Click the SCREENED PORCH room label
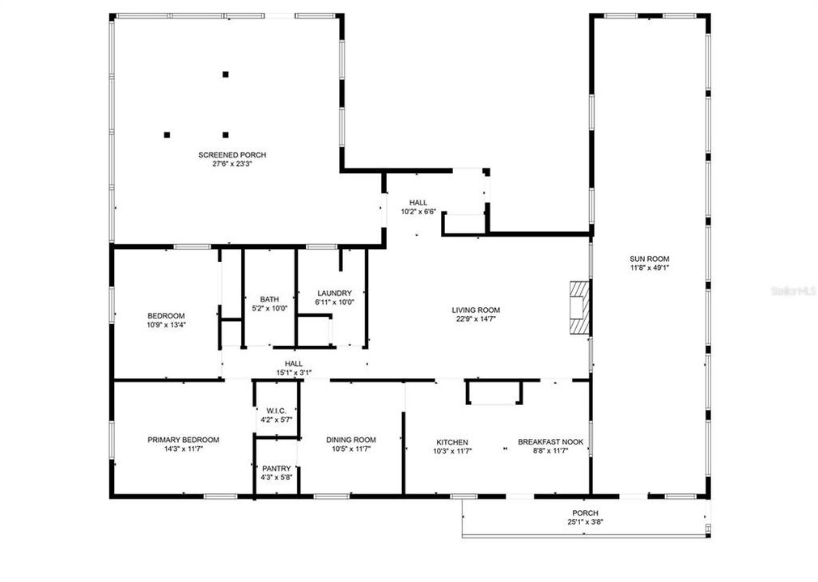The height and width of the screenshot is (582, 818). pos(232,154)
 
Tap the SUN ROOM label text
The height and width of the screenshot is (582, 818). pos(649,259)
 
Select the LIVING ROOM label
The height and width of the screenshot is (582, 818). pos(476,310)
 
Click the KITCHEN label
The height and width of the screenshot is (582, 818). pos(452,442)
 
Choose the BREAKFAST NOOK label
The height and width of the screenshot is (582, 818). pos(550,442)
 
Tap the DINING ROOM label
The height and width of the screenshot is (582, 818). pos(351,440)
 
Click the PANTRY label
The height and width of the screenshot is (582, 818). pos(276,469)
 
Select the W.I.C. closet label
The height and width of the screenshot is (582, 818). pos(276,411)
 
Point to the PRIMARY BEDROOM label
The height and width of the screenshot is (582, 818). pos(183,440)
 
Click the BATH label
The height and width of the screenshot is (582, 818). pos(269,299)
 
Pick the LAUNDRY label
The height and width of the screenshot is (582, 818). pos(334,293)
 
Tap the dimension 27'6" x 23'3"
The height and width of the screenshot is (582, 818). pos(232,164)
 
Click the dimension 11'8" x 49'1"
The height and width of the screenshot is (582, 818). pos(649,268)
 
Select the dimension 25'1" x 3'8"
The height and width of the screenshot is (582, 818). pos(585,522)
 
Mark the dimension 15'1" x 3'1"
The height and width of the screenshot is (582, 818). pos(294,373)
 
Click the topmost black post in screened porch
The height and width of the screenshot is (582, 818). pos(226,74)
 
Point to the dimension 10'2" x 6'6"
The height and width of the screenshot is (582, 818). pos(418,212)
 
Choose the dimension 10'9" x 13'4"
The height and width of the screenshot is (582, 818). pos(166,325)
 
